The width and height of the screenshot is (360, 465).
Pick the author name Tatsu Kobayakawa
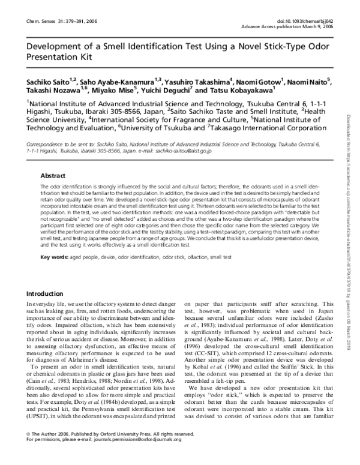[235, 91]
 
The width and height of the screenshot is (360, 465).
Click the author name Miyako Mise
[115, 91]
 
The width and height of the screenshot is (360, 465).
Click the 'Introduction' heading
[49, 293]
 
